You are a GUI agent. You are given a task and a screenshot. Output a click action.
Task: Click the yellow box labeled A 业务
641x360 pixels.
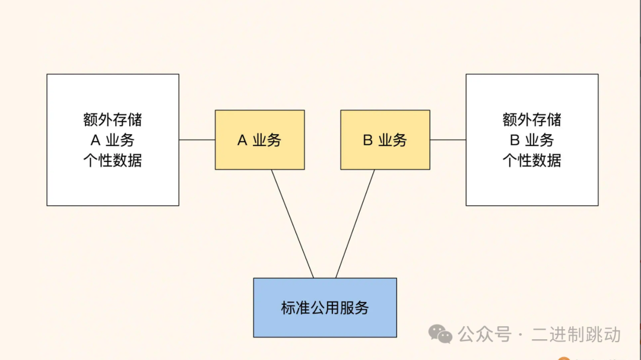click(x=259, y=140)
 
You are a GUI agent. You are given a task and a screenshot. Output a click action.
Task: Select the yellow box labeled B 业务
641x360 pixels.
click(x=385, y=140)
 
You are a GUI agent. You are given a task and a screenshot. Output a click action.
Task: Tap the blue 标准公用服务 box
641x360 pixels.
click(x=325, y=308)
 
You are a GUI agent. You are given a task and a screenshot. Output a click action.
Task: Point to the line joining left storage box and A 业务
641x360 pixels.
click(x=197, y=140)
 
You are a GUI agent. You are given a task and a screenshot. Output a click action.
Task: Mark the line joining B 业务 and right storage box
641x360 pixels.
click(x=448, y=140)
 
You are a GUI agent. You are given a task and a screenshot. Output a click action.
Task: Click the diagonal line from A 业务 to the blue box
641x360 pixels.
click(x=293, y=224)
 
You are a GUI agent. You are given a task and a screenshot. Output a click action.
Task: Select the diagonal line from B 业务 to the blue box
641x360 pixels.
click(x=355, y=224)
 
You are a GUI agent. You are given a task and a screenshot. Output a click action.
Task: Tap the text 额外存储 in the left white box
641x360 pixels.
click(x=113, y=120)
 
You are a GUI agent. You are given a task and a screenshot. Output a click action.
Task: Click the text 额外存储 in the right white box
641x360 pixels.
click(x=532, y=120)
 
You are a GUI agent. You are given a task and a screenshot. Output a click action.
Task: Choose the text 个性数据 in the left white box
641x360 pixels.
click(x=113, y=160)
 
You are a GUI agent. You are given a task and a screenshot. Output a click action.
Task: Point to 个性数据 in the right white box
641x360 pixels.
click(x=532, y=160)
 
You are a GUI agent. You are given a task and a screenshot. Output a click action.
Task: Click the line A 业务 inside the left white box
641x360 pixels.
click(x=113, y=140)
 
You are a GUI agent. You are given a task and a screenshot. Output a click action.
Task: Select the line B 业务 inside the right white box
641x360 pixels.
click(x=532, y=140)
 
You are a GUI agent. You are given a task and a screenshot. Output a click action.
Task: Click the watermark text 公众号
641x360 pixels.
click(x=484, y=334)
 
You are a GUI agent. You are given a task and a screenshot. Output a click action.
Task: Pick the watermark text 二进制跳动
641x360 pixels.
click(x=576, y=334)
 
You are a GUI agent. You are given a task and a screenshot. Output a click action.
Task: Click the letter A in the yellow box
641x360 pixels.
click(x=242, y=141)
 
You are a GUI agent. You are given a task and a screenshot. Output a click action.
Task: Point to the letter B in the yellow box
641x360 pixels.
click(x=367, y=141)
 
